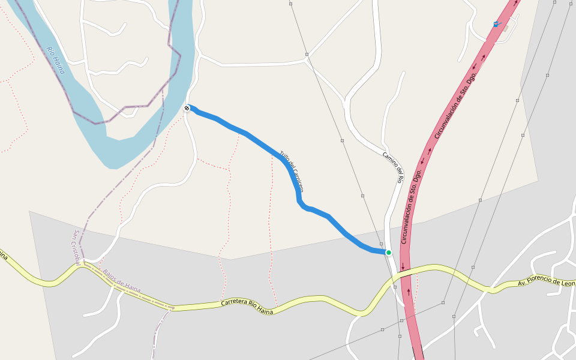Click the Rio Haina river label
(x=55, y=60)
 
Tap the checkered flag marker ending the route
(x=187, y=108)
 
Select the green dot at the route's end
(x=389, y=253)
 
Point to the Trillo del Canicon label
(x=292, y=171)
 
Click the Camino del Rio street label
(x=393, y=166)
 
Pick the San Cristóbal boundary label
(x=77, y=246)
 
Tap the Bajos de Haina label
(x=122, y=281)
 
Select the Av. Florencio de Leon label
(x=547, y=282)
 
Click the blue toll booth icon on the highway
(x=496, y=24)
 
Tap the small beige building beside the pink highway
(x=506, y=28)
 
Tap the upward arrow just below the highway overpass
(x=409, y=292)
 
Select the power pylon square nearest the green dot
(x=362, y=196)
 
